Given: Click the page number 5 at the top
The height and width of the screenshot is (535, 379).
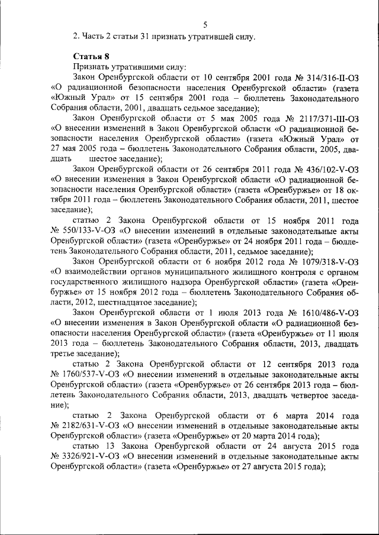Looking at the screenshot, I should tap(204, 24).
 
